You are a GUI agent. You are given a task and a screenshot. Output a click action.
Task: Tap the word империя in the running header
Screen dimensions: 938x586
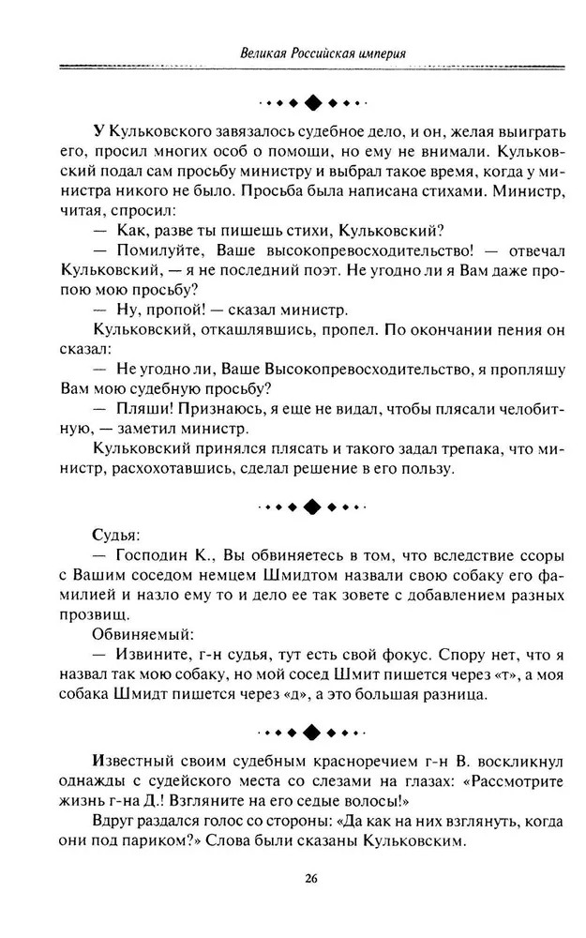pos(379,52)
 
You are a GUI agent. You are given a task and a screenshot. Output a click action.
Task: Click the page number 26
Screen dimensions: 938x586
pos(311,878)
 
